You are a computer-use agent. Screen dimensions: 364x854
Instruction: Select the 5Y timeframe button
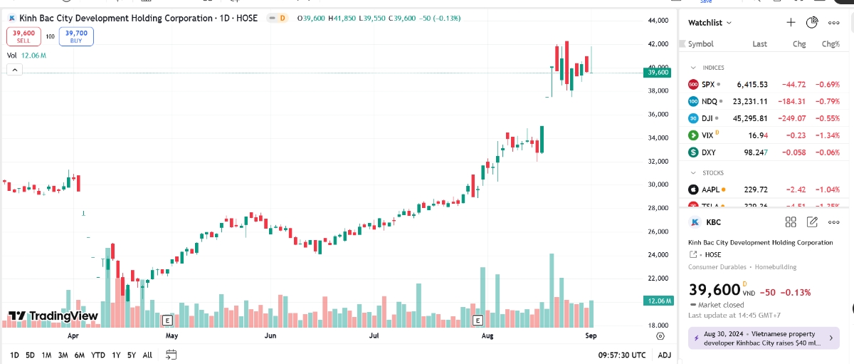coord(132,355)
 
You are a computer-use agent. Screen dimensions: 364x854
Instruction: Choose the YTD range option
coord(98,355)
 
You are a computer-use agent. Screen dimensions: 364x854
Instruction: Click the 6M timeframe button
coord(80,355)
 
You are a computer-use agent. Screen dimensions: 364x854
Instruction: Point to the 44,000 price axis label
coord(659,21)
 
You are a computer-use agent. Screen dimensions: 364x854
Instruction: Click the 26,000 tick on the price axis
coord(659,232)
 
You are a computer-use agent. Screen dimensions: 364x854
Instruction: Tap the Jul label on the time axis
coord(374,334)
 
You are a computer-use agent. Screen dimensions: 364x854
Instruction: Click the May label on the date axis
coord(171,334)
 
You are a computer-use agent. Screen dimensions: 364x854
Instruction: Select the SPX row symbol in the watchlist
coord(707,84)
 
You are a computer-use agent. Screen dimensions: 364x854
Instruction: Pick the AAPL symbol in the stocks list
coord(710,189)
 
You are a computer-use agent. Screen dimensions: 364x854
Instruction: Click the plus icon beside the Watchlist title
coord(791,23)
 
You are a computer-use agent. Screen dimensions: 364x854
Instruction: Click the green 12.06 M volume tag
coord(658,301)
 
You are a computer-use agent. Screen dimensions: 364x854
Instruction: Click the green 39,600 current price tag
coord(658,72)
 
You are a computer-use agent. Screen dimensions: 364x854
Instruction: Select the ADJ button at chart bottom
coord(664,355)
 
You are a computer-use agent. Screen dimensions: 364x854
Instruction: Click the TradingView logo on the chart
coord(53,316)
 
